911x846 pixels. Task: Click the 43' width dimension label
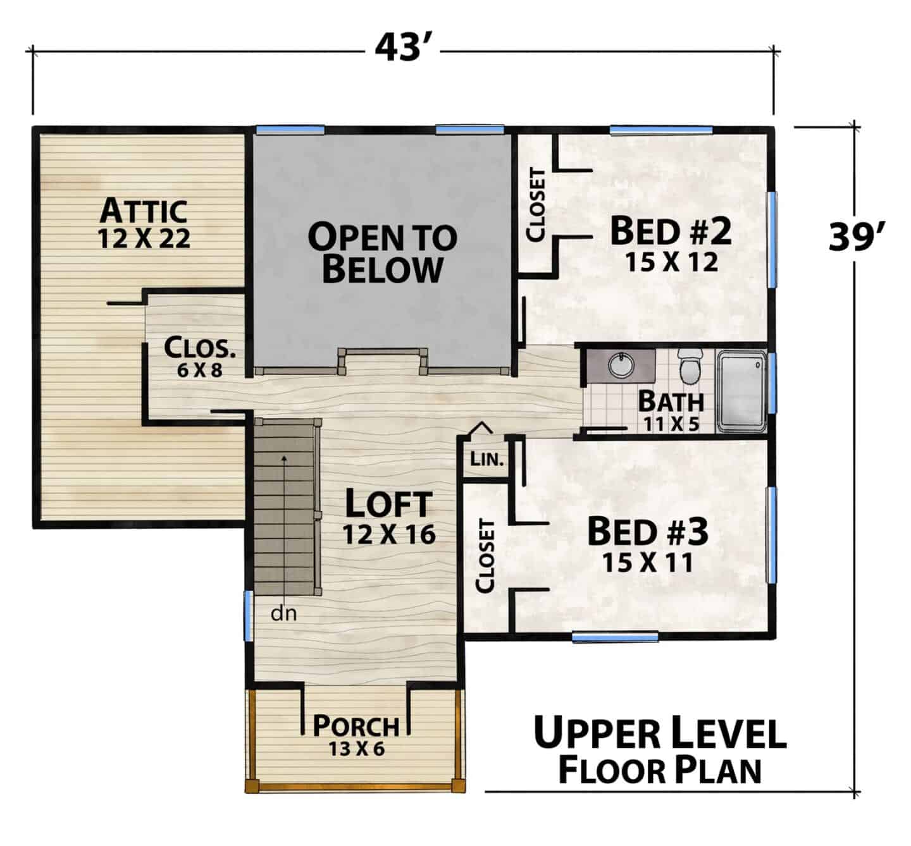[x=404, y=47]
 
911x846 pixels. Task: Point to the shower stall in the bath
[x=741, y=392]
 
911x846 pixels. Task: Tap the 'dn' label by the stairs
[x=283, y=613]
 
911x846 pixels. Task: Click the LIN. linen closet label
[x=486, y=458]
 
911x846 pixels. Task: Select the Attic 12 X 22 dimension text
[x=144, y=238]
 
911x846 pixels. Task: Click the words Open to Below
[x=382, y=253]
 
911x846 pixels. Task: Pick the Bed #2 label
[x=671, y=231]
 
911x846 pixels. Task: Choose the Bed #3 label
[x=648, y=532]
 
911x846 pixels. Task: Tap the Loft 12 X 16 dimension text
[x=389, y=535]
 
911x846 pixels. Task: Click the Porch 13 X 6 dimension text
[x=356, y=749]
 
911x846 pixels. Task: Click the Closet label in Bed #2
[x=536, y=205]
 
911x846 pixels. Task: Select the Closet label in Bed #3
[x=485, y=556]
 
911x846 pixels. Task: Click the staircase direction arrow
[x=285, y=527]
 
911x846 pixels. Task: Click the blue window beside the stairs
[x=248, y=616]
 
